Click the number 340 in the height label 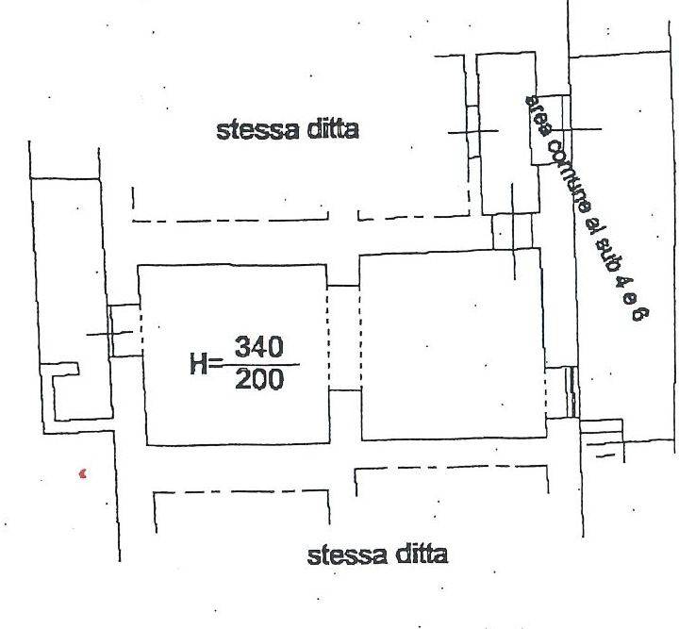(x=259, y=347)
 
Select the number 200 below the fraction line (x=259, y=380)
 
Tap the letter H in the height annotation (x=198, y=364)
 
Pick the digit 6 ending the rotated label (x=638, y=312)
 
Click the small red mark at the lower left (x=83, y=473)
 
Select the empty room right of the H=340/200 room (x=453, y=345)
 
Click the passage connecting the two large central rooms (x=344, y=339)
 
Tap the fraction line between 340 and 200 (x=260, y=365)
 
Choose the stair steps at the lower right (x=602, y=440)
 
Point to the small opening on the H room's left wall (x=125, y=331)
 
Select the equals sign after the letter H (x=214, y=365)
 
